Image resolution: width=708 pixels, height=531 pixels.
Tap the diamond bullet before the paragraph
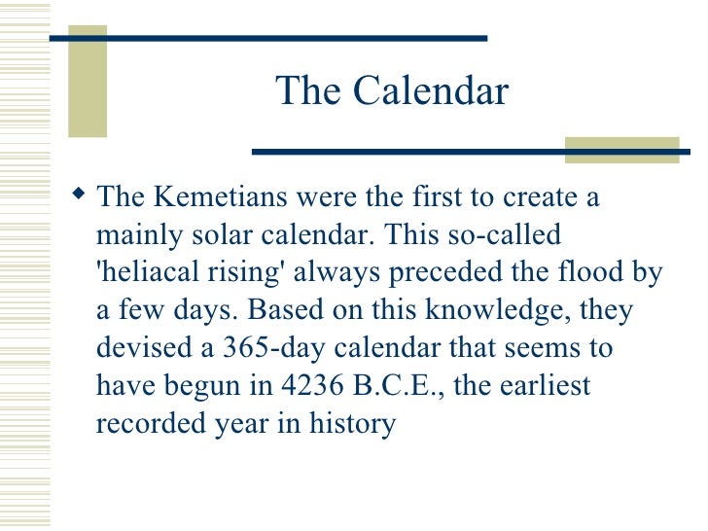tap(79, 195)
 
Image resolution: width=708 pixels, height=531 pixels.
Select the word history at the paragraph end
tap(352, 424)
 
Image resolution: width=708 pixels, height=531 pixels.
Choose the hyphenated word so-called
tap(509, 235)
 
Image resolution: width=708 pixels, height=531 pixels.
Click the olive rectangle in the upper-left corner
tap(87, 88)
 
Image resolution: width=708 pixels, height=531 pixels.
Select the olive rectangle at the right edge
tap(621, 149)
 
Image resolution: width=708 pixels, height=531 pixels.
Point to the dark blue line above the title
tap(267, 38)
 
